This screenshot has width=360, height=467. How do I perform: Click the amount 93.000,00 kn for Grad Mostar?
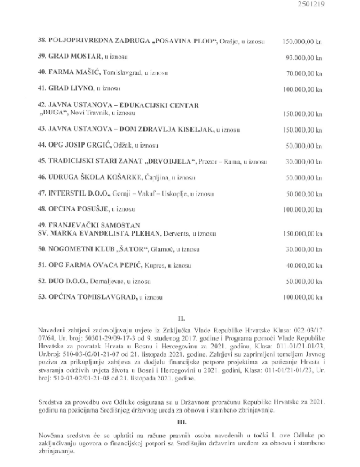[304, 58]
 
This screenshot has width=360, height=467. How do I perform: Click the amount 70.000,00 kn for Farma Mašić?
[304, 73]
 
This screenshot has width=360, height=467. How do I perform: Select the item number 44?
[42, 145]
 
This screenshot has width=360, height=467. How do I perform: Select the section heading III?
[181, 423]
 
